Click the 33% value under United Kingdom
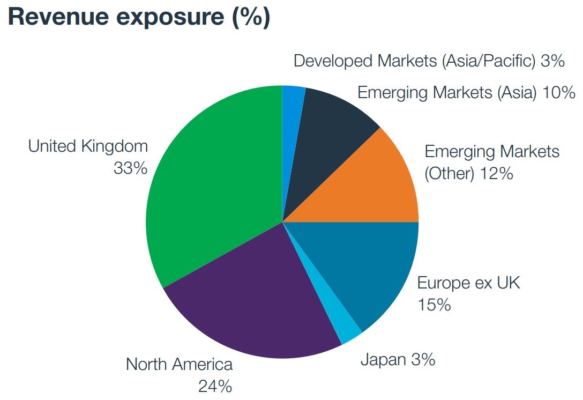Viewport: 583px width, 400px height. tap(130, 168)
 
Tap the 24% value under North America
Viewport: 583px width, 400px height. tap(215, 386)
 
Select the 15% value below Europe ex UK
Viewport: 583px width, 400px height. tap(434, 305)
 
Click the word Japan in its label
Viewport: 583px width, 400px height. tap(383, 359)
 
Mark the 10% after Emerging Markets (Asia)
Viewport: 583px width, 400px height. tap(558, 93)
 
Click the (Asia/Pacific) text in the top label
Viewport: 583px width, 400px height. tap(488, 61)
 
